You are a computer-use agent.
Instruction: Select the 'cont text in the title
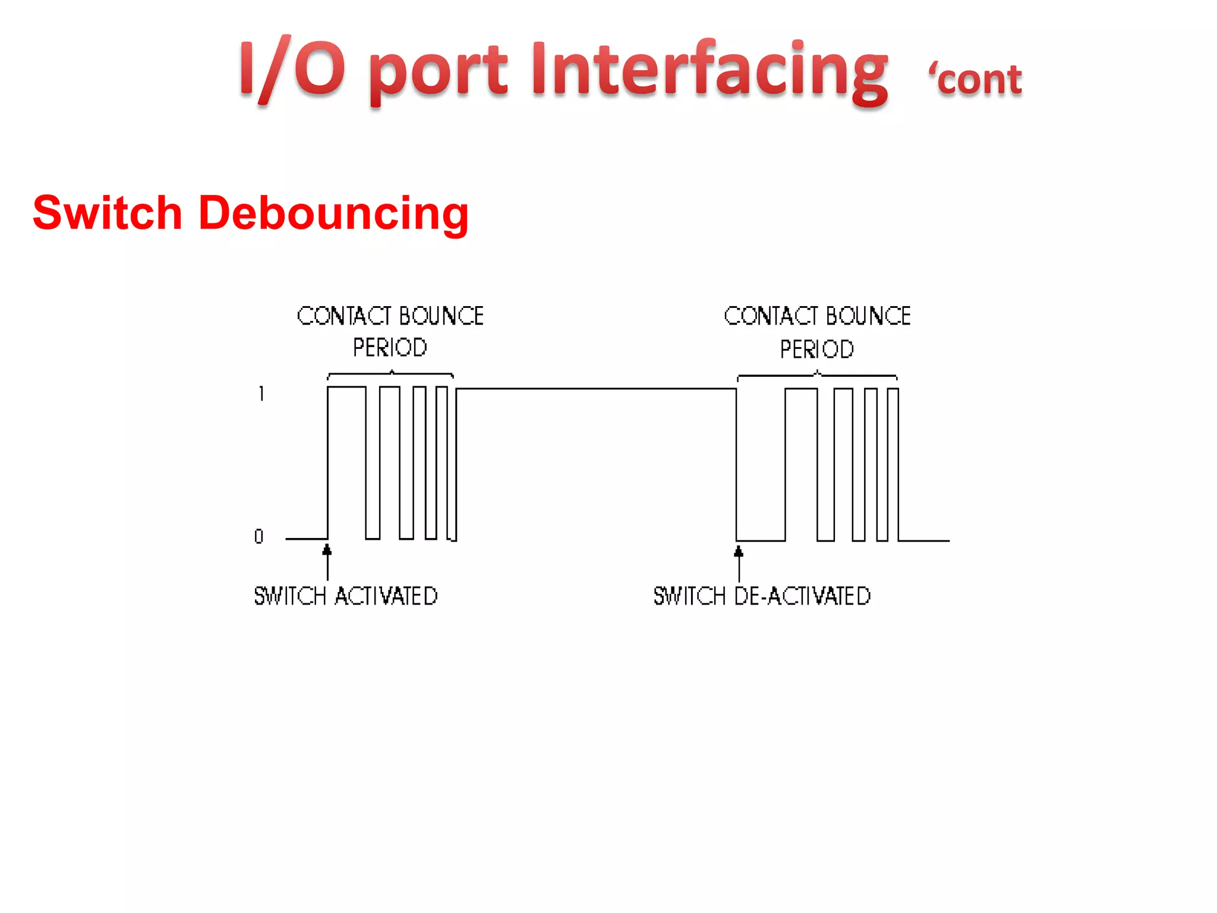click(x=976, y=79)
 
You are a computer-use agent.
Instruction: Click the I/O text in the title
click(x=292, y=69)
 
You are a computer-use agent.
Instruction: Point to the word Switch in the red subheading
click(x=107, y=213)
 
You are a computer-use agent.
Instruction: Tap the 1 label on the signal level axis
click(x=261, y=393)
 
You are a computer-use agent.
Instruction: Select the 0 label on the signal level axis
click(x=258, y=537)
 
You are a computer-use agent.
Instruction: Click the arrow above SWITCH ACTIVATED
click(x=327, y=562)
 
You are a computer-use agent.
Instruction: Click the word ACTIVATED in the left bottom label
click(x=386, y=596)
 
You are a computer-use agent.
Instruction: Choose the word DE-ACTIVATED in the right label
click(x=802, y=596)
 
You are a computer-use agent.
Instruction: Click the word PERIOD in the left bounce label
click(x=390, y=348)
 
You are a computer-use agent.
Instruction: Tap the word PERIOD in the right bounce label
click(x=816, y=350)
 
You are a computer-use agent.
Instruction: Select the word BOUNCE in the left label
click(x=441, y=316)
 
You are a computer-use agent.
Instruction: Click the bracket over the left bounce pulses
click(x=390, y=374)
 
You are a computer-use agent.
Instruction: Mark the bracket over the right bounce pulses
click(x=817, y=376)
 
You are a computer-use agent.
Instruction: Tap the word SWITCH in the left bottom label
click(x=290, y=596)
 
